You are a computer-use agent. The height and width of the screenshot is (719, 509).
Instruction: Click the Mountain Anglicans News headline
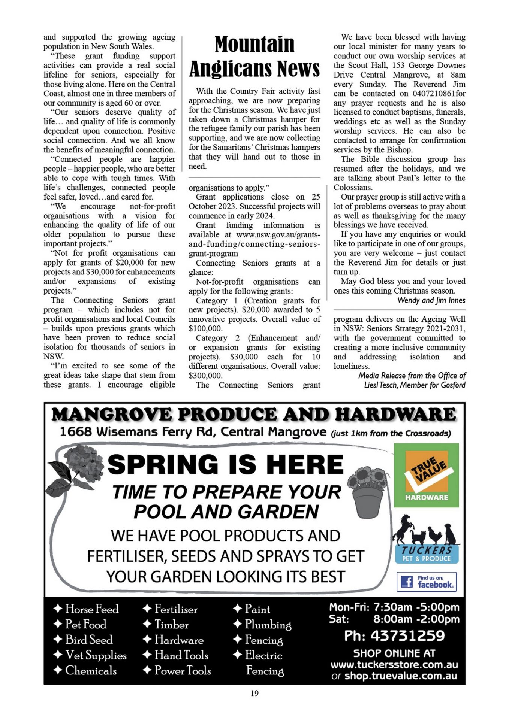[x=254, y=57]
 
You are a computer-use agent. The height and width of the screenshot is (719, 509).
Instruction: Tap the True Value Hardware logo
[x=426, y=475]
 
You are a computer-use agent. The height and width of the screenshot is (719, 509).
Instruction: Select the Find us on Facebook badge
[x=427, y=582]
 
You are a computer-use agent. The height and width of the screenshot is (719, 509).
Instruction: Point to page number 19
[x=254, y=693]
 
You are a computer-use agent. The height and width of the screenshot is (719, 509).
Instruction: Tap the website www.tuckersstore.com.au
[x=394, y=665]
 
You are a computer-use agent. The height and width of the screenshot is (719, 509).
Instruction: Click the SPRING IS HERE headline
[x=226, y=464]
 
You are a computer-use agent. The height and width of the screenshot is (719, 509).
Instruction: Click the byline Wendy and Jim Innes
[x=431, y=300]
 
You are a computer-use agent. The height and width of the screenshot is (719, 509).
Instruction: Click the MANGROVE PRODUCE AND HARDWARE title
[x=254, y=414]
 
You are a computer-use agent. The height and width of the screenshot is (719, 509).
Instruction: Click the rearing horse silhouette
[x=403, y=529]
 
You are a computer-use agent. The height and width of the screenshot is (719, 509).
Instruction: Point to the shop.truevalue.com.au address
[x=400, y=676]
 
